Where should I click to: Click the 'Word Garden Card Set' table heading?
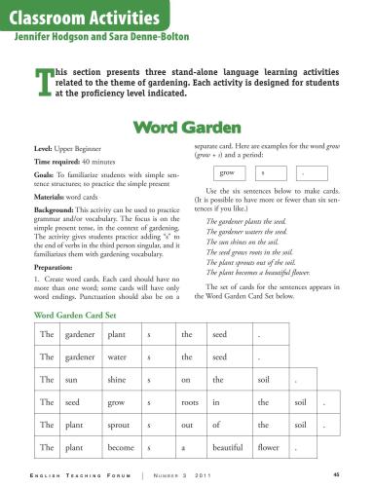tap(85, 315)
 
